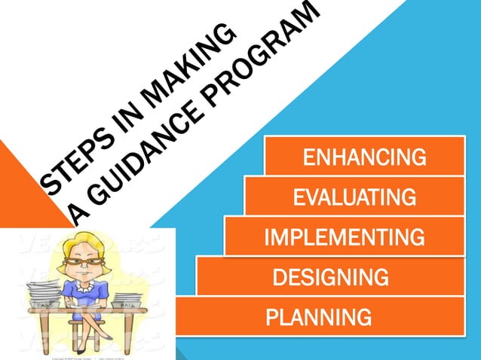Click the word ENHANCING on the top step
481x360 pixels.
click(x=364, y=158)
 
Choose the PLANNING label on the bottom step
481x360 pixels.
click(x=318, y=317)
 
